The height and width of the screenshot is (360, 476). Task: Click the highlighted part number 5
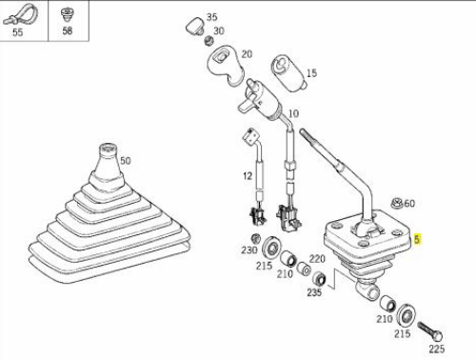click(417, 239)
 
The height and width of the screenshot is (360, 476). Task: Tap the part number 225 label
click(437, 349)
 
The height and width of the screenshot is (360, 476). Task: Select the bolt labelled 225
click(430, 331)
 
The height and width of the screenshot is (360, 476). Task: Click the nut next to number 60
click(397, 202)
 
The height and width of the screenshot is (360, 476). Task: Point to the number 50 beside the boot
click(126, 161)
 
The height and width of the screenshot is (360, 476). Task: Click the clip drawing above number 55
click(20, 15)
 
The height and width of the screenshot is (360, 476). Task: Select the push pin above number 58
click(67, 14)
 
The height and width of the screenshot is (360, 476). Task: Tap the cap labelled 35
click(195, 26)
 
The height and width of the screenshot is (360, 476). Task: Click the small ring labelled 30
click(208, 41)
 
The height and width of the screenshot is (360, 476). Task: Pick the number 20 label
click(247, 54)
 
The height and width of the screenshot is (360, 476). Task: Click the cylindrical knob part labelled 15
click(288, 73)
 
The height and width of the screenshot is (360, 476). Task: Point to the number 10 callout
click(293, 113)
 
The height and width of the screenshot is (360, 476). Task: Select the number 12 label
click(248, 176)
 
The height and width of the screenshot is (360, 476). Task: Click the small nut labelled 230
click(255, 238)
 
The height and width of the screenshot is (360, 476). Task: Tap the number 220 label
click(317, 259)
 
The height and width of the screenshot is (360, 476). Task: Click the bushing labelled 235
click(319, 279)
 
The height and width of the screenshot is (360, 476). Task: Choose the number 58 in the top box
click(67, 30)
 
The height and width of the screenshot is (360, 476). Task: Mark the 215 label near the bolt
click(403, 333)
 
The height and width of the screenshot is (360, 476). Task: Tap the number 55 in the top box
click(17, 32)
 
